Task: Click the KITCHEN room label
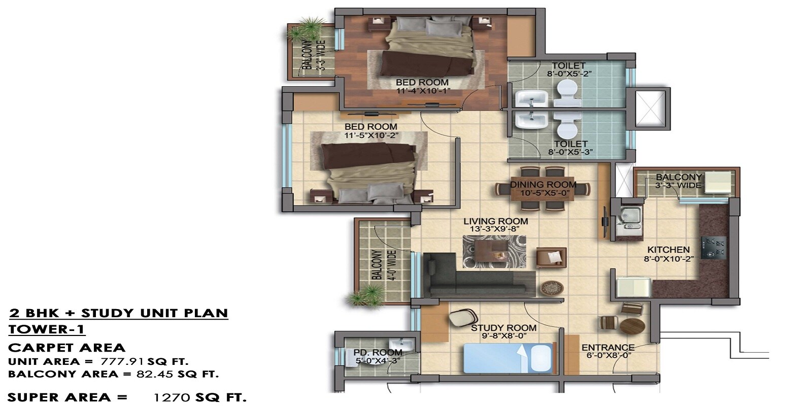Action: tap(668, 250)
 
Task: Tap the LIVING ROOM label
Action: tap(495, 221)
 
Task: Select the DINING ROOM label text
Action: tap(543, 185)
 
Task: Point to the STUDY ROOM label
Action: tap(503, 328)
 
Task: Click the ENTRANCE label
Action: tap(608, 348)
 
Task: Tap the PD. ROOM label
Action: tap(378, 352)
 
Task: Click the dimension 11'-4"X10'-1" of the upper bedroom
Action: tap(423, 91)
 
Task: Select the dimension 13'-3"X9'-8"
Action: tap(495, 229)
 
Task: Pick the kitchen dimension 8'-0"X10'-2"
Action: tap(668, 258)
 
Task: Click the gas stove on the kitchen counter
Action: tap(714, 247)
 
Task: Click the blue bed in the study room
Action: tap(508, 358)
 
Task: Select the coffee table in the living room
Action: tap(486, 251)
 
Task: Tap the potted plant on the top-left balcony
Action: tap(306, 30)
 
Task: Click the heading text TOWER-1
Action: tap(47, 329)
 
